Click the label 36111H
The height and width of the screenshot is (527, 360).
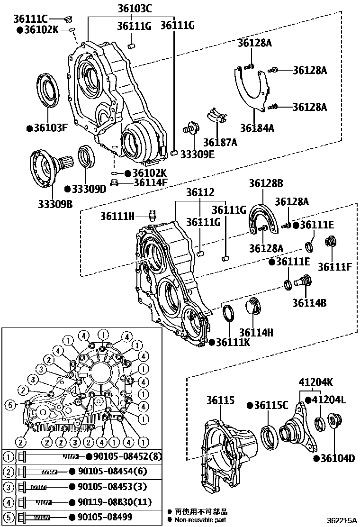pos(117,216)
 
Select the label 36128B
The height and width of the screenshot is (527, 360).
pos(266,183)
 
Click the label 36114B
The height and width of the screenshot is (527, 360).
pos(309,302)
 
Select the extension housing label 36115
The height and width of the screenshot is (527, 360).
pos(220,401)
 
